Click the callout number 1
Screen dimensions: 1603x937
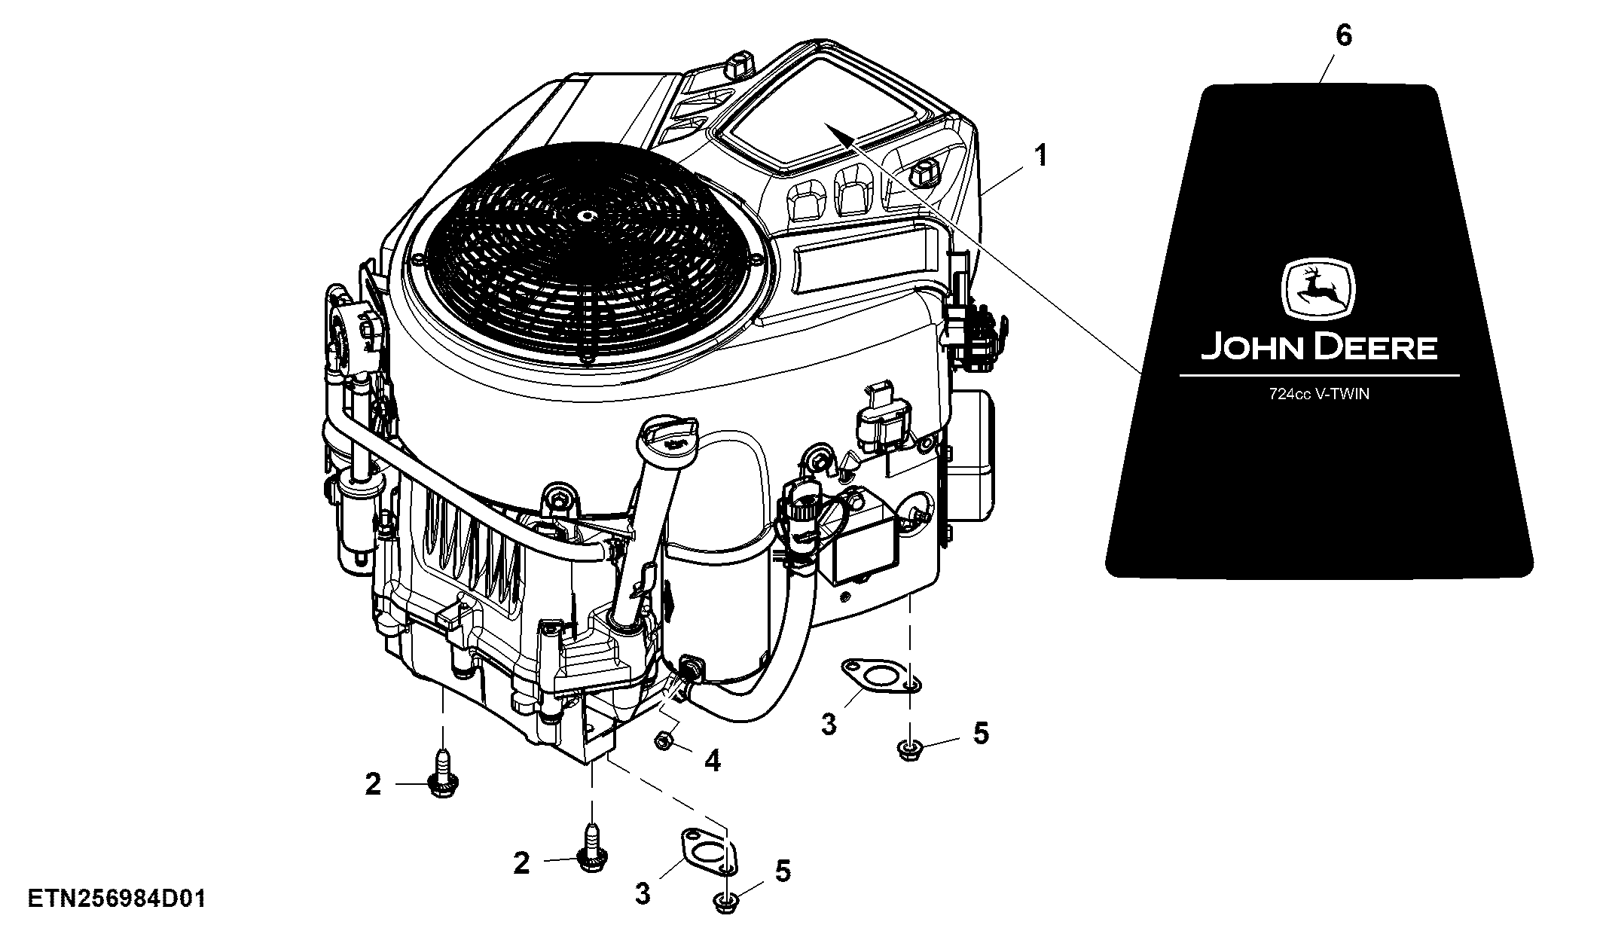coord(1040,157)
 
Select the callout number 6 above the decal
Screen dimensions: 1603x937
coord(1343,36)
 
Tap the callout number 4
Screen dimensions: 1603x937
coord(712,760)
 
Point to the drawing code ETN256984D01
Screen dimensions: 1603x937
coord(117,899)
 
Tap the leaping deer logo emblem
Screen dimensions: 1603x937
coord(1318,291)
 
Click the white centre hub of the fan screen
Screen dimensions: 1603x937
coord(587,215)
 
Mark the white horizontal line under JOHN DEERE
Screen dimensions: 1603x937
coord(1318,375)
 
